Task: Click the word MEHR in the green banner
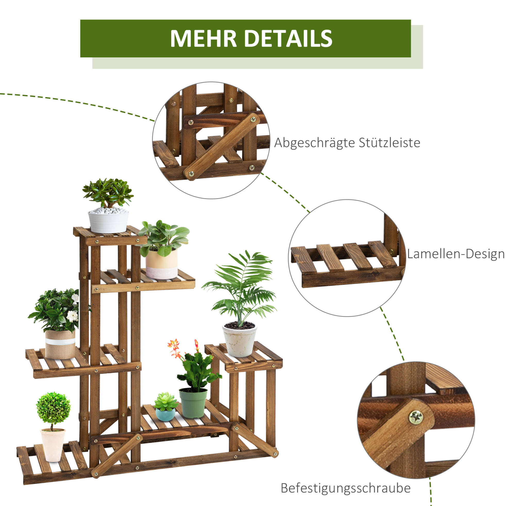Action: click(x=203, y=39)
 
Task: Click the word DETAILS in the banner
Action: click(x=288, y=39)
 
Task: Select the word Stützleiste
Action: click(x=389, y=143)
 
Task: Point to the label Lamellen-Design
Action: click(x=456, y=254)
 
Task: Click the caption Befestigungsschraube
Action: click(x=346, y=488)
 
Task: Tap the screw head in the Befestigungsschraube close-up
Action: click(x=416, y=416)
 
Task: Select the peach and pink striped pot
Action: click(x=162, y=264)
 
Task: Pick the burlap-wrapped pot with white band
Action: click(x=60, y=344)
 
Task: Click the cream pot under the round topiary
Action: click(x=53, y=445)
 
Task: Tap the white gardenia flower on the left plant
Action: click(x=72, y=316)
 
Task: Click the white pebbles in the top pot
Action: click(x=108, y=210)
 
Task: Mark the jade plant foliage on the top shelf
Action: click(x=108, y=193)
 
